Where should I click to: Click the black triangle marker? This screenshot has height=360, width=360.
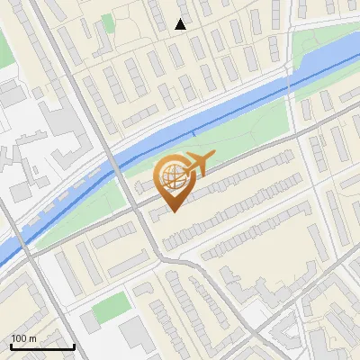[181, 24]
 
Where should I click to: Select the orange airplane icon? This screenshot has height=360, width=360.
[198, 165]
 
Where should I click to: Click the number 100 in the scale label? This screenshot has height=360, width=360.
[18, 338]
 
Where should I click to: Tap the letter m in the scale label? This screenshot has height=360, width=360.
[32, 338]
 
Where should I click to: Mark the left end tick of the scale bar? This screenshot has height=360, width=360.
[11, 346]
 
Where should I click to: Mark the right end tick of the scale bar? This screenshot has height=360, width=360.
[74, 346]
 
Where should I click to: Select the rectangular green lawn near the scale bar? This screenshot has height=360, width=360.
[110, 308]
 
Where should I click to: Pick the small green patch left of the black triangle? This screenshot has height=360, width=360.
[108, 22]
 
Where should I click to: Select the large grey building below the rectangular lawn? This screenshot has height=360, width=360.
[135, 335]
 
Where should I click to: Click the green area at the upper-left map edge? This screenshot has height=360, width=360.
[5, 49]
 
